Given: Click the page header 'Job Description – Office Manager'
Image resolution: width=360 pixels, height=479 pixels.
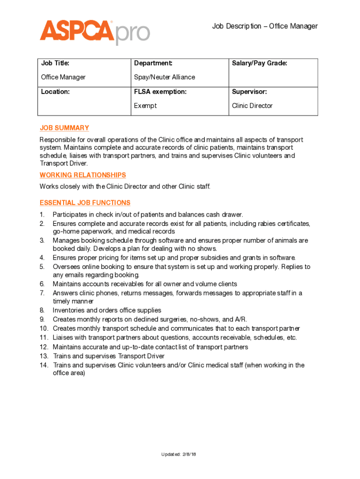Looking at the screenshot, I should [265, 26].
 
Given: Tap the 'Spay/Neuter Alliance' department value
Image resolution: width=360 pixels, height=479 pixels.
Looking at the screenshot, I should [164, 77].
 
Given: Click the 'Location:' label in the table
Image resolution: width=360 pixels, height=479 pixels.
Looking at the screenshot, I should [55, 92].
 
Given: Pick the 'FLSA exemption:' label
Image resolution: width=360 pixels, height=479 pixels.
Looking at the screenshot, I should [160, 92].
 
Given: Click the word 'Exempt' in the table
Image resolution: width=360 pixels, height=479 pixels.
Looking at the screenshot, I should [145, 106].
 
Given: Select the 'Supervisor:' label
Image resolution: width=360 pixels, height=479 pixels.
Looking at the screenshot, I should [249, 92].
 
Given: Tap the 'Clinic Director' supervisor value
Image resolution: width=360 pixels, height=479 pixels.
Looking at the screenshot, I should [252, 106].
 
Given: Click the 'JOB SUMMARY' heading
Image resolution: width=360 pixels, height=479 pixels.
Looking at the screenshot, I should [64, 128].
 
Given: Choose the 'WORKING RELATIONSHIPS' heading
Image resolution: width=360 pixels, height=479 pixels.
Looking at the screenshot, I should [83, 175].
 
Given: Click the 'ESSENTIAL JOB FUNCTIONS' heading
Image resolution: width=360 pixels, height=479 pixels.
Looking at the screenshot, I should [85, 203].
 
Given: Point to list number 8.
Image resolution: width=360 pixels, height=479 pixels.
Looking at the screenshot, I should [42, 310].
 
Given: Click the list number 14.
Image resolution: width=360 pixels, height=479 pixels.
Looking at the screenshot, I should [44, 365].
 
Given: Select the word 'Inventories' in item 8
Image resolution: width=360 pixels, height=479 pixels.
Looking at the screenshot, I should [68, 310].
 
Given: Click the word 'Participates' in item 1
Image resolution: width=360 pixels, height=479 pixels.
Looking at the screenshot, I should [69, 215].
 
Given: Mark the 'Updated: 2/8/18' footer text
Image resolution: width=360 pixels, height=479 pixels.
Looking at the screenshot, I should [179, 454].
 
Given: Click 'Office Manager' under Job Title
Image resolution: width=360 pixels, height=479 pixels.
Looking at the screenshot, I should [63, 77].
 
